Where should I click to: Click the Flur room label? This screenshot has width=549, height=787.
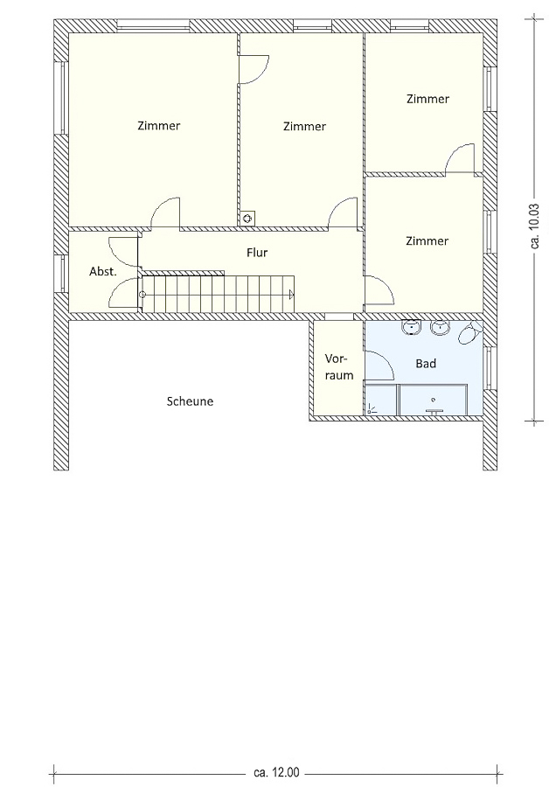point(257,253)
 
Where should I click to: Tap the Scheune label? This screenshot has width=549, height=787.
point(190,401)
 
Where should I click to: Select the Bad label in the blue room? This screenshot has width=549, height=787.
point(426,364)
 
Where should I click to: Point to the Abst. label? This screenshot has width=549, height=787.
point(103,272)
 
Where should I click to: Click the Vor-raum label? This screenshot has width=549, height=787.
point(338,367)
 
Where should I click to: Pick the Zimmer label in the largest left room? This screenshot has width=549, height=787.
point(158,125)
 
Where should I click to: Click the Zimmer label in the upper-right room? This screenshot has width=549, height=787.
point(427,99)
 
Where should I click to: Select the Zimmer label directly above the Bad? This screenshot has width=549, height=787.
point(427,241)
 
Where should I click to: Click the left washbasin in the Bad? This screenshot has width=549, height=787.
point(412,328)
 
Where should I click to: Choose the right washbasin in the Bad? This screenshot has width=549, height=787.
point(440,328)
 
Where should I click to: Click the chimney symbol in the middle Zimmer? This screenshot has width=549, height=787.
point(247,219)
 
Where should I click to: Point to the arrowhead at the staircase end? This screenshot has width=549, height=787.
point(292,295)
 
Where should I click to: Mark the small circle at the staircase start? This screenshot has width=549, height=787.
point(142,295)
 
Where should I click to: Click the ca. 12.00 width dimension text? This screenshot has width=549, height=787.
point(276,771)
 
